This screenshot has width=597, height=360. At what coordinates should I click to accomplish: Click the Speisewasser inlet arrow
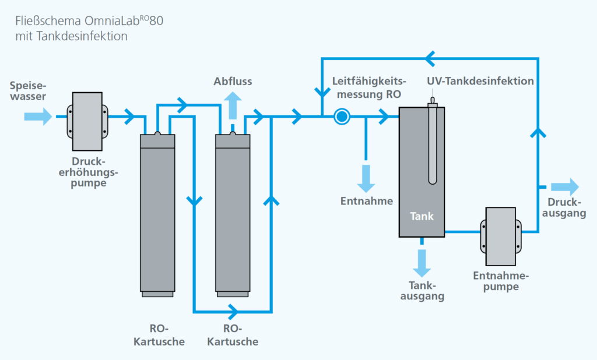[x=38, y=117]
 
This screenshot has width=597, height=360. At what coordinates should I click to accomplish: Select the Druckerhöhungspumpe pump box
[x=87, y=121]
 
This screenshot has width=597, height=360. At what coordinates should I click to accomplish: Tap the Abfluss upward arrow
[x=233, y=106]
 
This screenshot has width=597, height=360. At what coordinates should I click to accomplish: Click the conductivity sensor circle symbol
[x=342, y=117]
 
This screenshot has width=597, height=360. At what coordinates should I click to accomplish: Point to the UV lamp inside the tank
[x=433, y=141]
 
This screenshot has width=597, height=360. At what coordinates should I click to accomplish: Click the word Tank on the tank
[x=422, y=216]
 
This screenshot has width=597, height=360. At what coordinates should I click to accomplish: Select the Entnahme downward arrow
[x=366, y=178]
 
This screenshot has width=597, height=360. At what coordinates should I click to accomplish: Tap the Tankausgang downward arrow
[x=422, y=263]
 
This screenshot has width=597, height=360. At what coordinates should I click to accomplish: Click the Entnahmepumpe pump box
[x=501, y=237]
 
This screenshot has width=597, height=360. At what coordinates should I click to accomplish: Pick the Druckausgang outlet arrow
[x=565, y=187]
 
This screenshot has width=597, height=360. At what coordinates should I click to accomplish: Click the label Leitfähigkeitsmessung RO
[x=369, y=87]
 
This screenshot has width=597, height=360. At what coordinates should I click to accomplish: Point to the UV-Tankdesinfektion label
[x=480, y=81]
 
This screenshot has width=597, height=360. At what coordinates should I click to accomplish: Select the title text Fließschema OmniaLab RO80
[x=89, y=20]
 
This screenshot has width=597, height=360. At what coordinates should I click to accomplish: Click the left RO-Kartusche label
[x=159, y=335]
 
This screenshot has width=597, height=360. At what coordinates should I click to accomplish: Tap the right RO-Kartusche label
[x=233, y=335]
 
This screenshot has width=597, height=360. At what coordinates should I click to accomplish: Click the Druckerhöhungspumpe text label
[x=89, y=172]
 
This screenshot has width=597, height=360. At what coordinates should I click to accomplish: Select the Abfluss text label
[x=233, y=81]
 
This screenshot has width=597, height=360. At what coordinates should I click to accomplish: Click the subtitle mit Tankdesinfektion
[x=71, y=36]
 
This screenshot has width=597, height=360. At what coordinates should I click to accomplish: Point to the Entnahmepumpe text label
[x=501, y=280]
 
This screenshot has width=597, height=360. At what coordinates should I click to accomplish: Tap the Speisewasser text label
[x=28, y=91]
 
